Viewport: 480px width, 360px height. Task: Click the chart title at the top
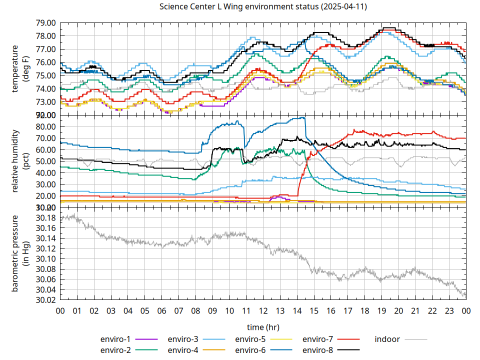[240, 6]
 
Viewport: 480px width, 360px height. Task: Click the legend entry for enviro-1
[115, 339]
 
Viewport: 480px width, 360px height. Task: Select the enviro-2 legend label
[115, 350]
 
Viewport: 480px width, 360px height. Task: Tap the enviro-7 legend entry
[318, 339]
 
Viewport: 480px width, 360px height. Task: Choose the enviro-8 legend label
[318, 350]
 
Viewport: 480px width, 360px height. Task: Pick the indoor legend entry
[387, 339]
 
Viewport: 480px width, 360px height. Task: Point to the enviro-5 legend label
[250, 339]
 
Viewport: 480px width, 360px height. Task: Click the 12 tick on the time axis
[263, 310]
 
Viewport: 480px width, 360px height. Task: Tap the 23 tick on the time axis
[449, 310]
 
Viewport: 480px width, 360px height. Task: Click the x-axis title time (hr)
[263, 327]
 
